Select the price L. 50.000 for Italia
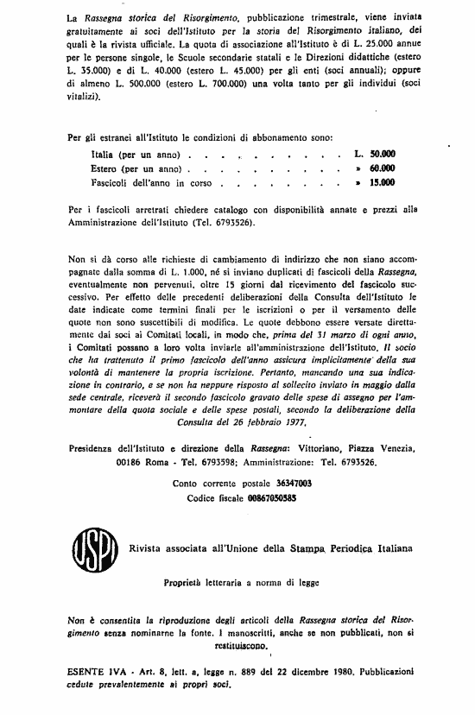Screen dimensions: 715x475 point(375,152)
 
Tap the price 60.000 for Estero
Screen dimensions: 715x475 point(382,168)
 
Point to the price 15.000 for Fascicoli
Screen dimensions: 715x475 point(382,183)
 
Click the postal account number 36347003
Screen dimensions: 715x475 point(285,484)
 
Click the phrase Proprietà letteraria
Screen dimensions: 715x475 point(196,583)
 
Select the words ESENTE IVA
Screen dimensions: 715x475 point(93,671)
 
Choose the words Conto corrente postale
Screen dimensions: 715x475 point(217,484)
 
